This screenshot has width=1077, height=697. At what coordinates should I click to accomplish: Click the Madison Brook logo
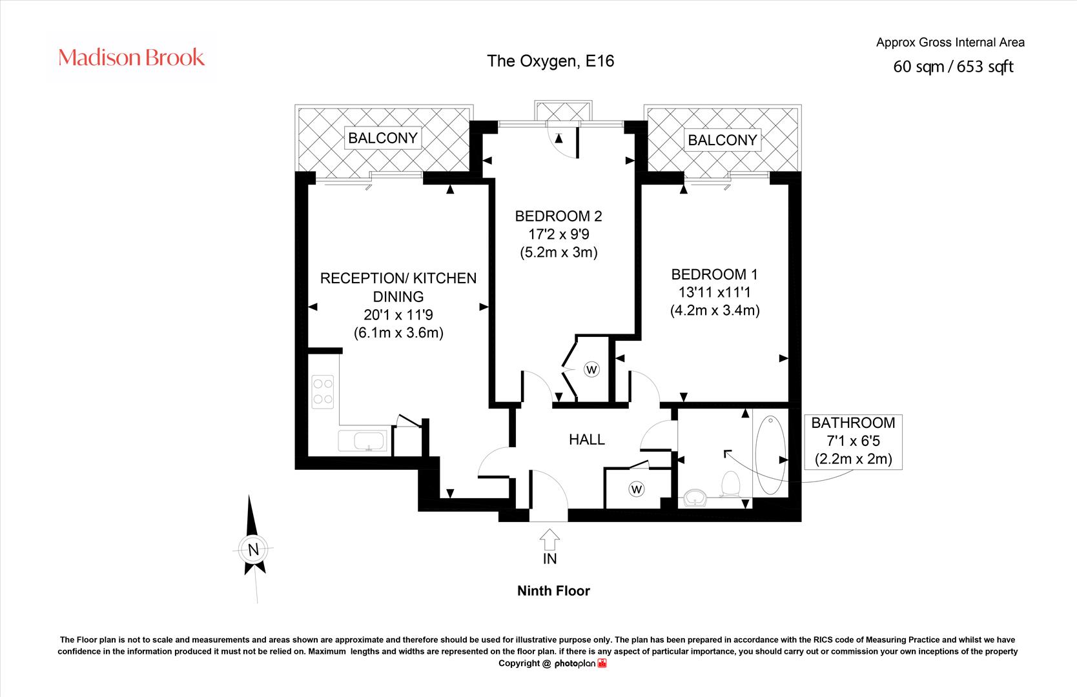coord(131,57)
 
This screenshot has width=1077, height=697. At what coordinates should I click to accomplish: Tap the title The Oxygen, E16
coord(551,61)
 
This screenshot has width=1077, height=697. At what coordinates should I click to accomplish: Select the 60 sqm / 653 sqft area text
coord(953,67)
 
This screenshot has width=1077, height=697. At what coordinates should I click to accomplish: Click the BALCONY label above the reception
coord(383,138)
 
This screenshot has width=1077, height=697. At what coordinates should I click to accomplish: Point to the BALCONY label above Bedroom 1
coord(722,140)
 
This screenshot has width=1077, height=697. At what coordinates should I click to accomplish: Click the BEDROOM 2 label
coord(559,216)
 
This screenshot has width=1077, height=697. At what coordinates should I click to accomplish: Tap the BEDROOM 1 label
coord(715,274)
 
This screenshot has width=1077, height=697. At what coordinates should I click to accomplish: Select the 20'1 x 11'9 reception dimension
coord(398,315)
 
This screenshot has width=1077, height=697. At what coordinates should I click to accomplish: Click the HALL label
coord(586,439)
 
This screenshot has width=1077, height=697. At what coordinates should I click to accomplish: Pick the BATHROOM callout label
coord(853,423)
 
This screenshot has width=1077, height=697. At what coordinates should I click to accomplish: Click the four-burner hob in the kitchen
coord(323,392)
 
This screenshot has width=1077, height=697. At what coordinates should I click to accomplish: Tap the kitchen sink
coord(362,441)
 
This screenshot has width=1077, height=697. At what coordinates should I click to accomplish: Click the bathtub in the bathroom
coord(770,455)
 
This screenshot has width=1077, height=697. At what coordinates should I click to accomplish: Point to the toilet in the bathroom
coord(730,483)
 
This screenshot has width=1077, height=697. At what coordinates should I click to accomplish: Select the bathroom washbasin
coord(695,498)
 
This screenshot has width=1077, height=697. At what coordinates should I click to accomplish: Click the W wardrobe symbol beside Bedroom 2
coord(591,370)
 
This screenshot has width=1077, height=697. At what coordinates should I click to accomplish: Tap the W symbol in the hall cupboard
coord(637,489)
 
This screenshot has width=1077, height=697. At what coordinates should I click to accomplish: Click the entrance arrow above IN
coord(549,540)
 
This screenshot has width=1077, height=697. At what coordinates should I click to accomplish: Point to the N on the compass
coord(253,549)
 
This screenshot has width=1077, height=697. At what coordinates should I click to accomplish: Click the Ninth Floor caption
coord(553,591)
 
